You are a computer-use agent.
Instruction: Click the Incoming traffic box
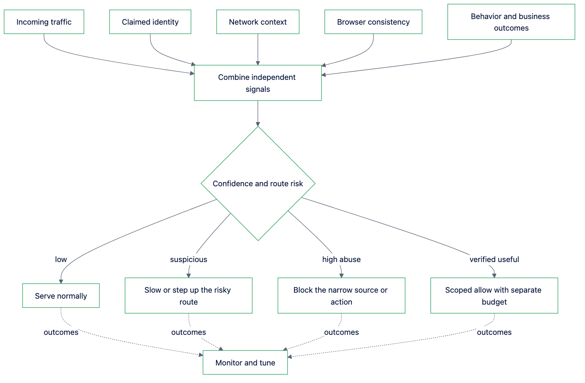[44, 22]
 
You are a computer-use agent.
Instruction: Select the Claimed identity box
[150, 22]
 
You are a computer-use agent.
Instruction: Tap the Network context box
[258, 22]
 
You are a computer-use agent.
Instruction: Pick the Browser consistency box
[373, 22]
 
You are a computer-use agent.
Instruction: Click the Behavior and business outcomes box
[511, 22]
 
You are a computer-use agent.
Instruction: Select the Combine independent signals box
[258, 83]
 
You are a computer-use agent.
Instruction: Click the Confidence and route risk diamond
[258, 183]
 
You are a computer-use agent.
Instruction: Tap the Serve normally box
[61, 296]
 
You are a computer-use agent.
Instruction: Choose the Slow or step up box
[188, 296]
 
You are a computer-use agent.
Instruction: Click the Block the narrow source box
[341, 296]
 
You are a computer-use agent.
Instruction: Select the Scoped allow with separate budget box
[494, 296]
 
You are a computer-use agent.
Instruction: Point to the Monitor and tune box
[245, 362]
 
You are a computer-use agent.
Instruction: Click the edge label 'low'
[61, 259]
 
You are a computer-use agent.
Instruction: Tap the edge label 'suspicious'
[188, 259]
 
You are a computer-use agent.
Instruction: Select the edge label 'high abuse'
[341, 259]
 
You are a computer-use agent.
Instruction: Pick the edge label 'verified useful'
[494, 259]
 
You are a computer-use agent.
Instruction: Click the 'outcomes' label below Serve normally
[61, 332]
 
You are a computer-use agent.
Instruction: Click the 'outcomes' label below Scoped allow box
[494, 332]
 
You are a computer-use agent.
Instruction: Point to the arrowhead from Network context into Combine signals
[258, 63]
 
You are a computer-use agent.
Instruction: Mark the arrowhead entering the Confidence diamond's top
[258, 124]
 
